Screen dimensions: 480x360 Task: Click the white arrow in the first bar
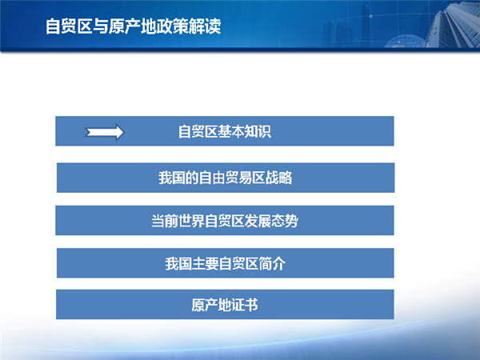tap(104, 132)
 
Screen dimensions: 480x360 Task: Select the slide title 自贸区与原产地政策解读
tap(133, 26)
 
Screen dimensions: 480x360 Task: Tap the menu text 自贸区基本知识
tap(225, 132)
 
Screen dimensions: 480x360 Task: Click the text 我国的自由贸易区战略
tap(226, 178)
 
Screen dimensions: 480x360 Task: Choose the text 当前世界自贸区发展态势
tap(225, 221)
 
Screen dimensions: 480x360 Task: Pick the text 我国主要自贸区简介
tap(226, 263)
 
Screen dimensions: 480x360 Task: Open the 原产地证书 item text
tap(225, 305)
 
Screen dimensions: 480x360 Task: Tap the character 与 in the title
tap(101, 26)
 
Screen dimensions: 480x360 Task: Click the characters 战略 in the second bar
tap(279, 178)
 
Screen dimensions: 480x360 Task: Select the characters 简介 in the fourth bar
tap(273, 263)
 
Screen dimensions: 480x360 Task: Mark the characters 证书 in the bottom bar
tap(245, 305)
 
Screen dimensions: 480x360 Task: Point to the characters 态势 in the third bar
tap(285, 221)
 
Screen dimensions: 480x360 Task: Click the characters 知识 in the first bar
tap(258, 132)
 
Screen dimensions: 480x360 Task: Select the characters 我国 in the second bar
tap(171, 178)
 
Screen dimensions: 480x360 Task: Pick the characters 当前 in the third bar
tap(165, 221)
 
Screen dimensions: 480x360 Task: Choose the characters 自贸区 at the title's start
tap(69, 26)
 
